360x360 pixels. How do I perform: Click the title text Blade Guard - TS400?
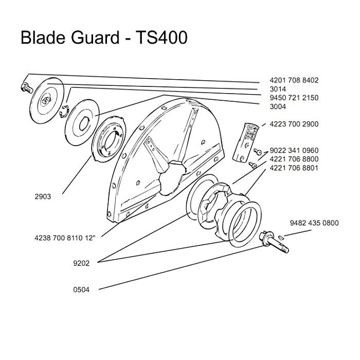point(104,38)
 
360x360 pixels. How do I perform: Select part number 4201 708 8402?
point(294,80)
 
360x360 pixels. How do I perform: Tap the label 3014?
point(278,89)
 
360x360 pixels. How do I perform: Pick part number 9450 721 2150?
point(294,98)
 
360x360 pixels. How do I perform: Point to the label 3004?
point(278,106)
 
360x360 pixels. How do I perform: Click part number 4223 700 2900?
point(294,124)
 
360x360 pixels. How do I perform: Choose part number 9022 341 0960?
point(294,150)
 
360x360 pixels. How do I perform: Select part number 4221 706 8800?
point(294,159)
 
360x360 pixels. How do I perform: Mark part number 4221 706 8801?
point(294,168)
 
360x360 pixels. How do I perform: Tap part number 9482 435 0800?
point(314,223)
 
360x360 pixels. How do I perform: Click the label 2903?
point(43,196)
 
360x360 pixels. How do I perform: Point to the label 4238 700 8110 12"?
point(65,238)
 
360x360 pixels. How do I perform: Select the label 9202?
point(81,263)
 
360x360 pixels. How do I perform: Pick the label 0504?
point(81,290)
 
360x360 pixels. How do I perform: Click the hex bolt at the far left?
point(27,88)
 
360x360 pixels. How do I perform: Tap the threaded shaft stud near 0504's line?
point(274,242)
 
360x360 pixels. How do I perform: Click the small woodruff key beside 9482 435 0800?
point(281,237)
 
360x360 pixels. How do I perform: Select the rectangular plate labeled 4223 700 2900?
point(245,143)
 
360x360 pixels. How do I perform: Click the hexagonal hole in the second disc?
point(84,124)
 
